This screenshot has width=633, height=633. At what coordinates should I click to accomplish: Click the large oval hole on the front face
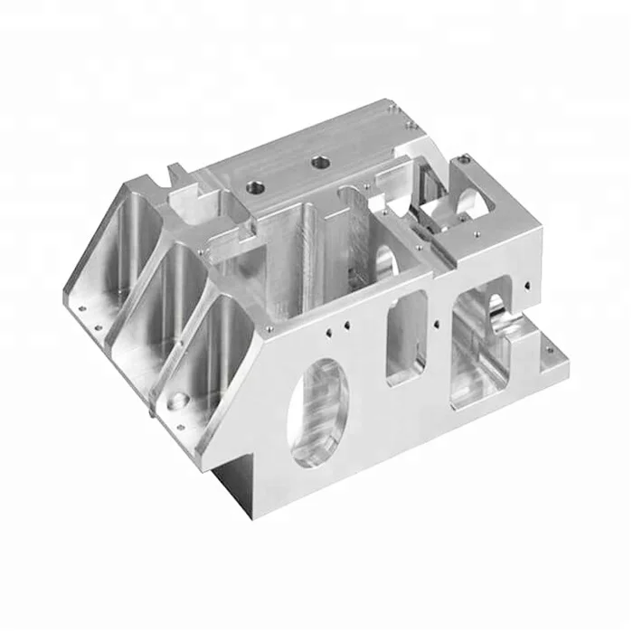[318, 411]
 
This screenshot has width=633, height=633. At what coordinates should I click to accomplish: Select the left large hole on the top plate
[253, 185]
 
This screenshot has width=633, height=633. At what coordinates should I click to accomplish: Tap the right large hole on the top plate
[319, 163]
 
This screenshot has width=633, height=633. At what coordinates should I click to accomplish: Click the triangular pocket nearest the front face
[217, 335]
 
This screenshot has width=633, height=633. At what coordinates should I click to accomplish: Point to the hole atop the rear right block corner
[462, 160]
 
